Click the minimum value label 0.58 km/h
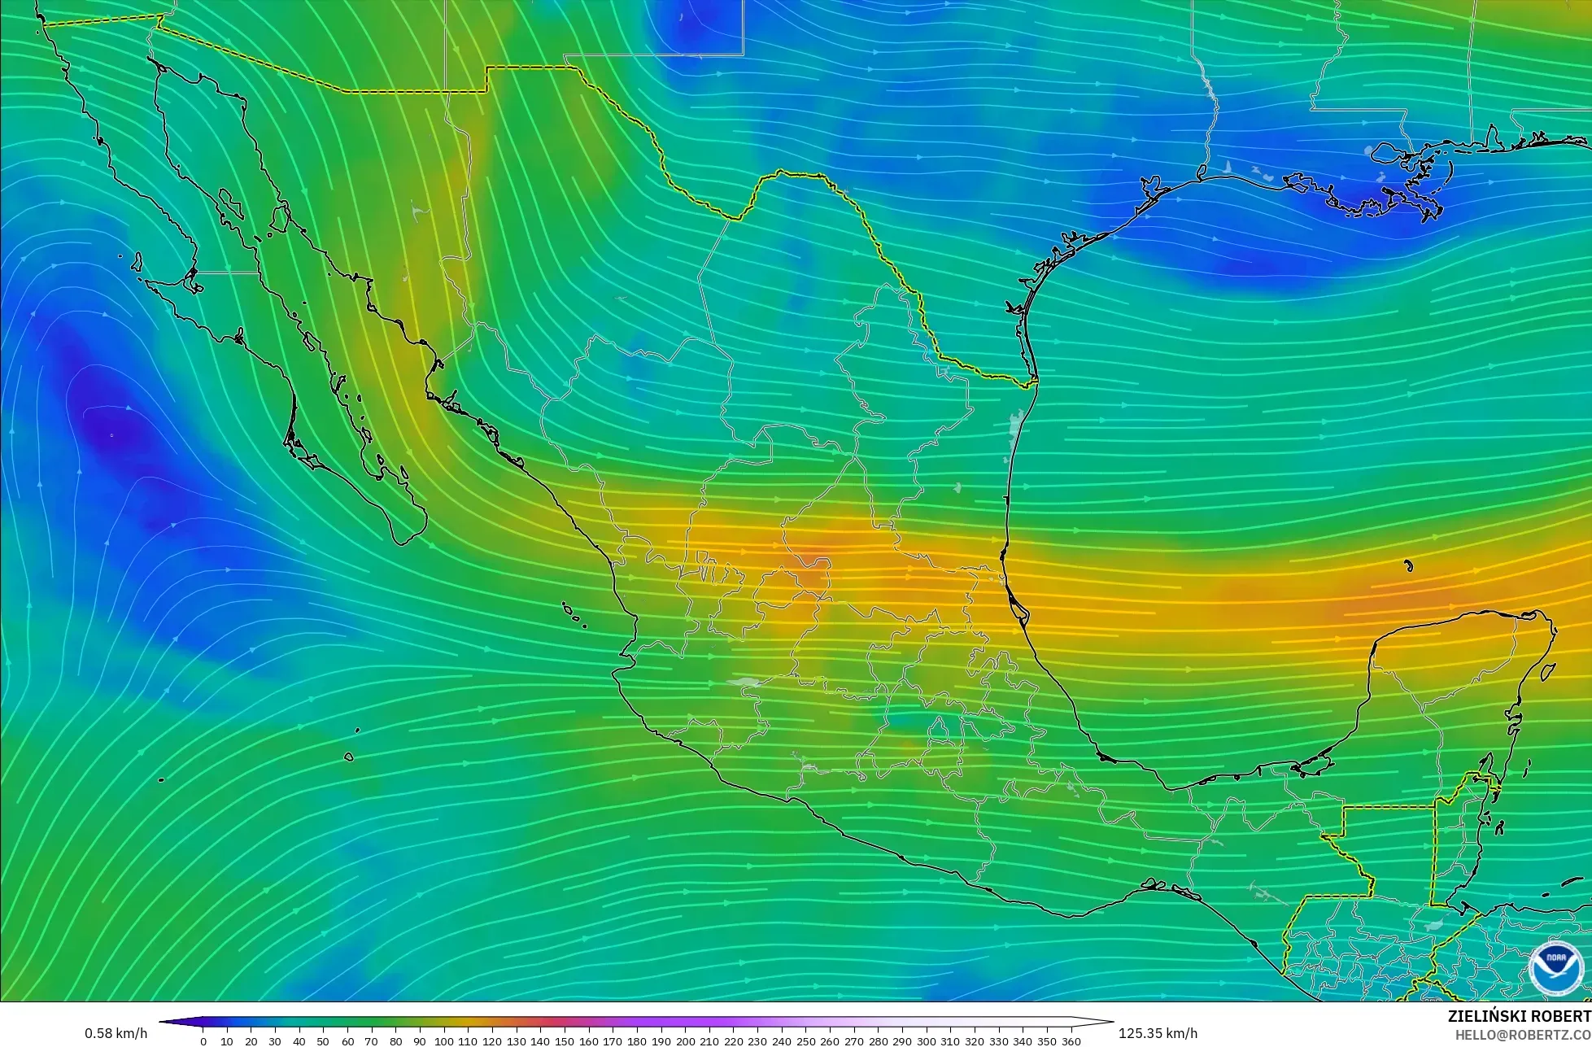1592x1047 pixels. (x=116, y=1033)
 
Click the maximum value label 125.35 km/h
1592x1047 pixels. (x=1158, y=1033)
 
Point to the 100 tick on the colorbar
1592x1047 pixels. (x=443, y=1041)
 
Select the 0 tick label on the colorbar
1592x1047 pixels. (x=203, y=1041)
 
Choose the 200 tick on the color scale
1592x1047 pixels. (x=685, y=1041)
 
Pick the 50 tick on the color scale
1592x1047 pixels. (x=323, y=1041)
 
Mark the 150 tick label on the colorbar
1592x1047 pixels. (x=565, y=1041)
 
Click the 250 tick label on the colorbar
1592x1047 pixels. (x=805, y=1041)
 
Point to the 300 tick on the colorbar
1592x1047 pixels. (x=926, y=1041)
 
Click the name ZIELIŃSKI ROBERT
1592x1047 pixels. (x=1519, y=1016)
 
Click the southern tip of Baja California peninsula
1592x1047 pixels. (x=405, y=540)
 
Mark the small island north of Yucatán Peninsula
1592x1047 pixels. (x=1408, y=566)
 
